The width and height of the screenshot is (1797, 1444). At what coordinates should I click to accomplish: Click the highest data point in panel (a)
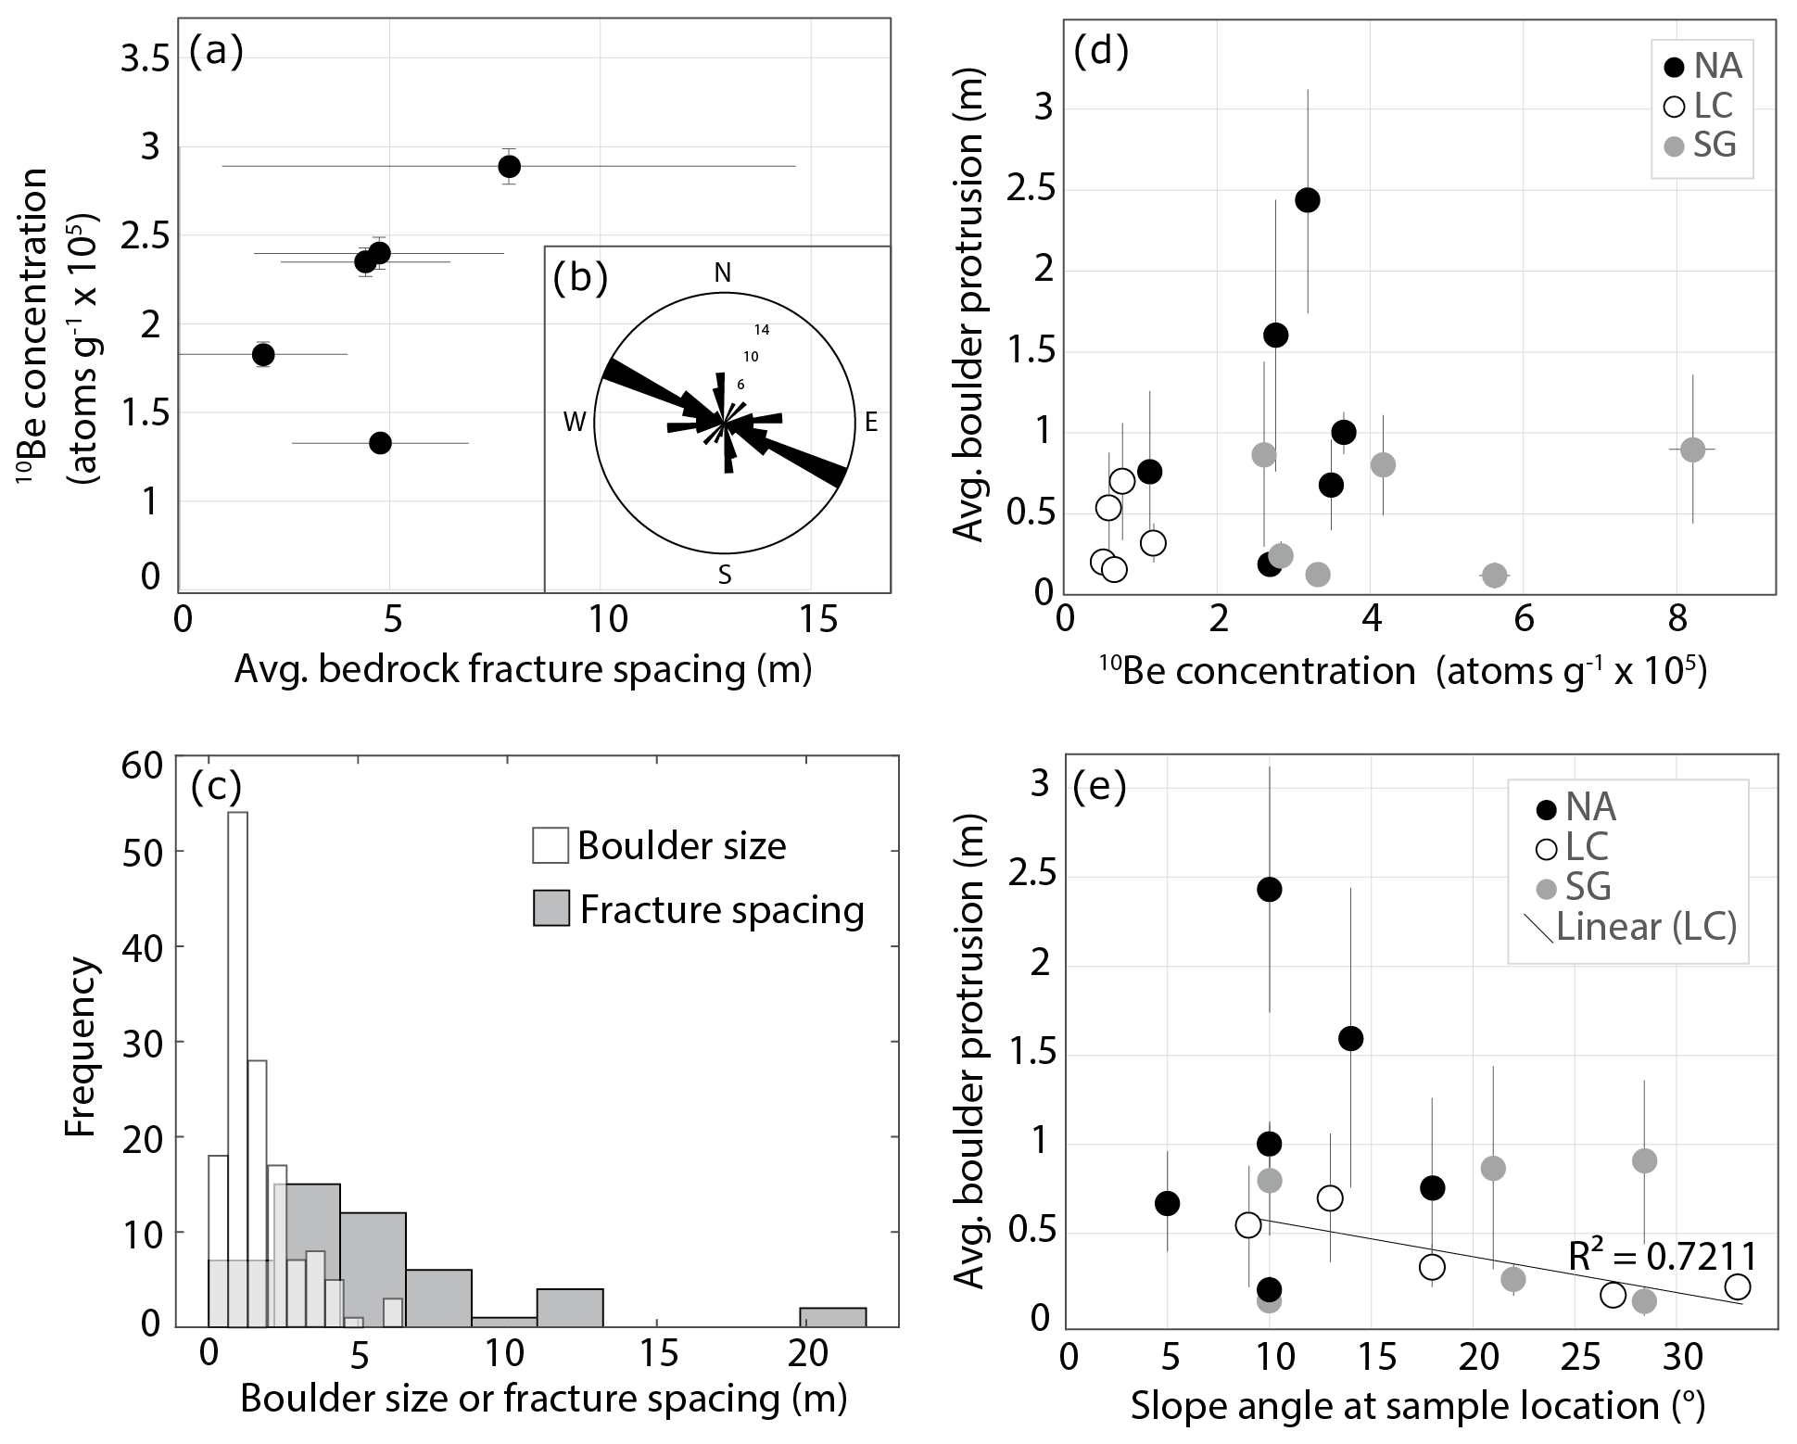(x=509, y=167)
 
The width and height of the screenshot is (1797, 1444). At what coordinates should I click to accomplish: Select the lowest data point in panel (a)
(x=380, y=443)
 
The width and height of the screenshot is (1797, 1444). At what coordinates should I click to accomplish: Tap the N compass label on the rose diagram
(x=723, y=272)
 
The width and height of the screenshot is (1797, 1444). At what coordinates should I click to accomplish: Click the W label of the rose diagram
(x=576, y=424)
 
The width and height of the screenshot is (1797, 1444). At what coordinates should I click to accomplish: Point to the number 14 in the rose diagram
(x=762, y=330)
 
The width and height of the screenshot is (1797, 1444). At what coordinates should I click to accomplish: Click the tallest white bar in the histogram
(x=237, y=1066)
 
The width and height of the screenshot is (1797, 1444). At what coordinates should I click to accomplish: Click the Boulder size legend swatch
(x=550, y=846)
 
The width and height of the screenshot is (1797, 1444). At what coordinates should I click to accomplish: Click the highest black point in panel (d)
(x=1308, y=200)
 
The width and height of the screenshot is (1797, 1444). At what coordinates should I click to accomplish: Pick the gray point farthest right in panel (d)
(x=1692, y=450)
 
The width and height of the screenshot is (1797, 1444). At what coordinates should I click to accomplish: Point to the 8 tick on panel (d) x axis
(x=1677, y=618)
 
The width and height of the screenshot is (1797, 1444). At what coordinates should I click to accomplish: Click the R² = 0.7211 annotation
(x=1663, y=1257)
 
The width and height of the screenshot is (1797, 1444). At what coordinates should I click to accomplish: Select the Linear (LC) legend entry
(x=1645, y=927)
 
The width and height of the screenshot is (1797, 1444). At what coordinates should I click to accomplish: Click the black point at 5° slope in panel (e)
(x=1167, y=1203)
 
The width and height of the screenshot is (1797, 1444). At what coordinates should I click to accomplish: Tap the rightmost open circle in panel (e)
(x=1738, y=1286)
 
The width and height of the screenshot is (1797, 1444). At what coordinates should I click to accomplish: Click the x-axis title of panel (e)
(x=1418, y=1406)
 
